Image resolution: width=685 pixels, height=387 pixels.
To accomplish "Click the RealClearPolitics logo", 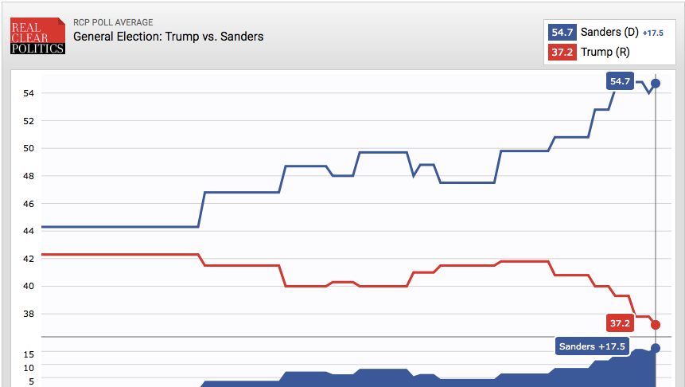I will pyautogui.click(x=37, y=37).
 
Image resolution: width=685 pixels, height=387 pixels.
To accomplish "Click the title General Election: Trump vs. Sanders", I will pyautogui.click(x=168, y=37).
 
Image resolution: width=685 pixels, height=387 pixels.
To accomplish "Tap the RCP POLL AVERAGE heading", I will pyautogui.click(x=113, y=23).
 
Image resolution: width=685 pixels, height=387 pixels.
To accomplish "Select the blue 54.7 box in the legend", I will pyautogui.click(x=562, y=33).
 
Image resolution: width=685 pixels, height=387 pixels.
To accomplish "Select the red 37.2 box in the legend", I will pyautogui.click(x=562, y=53).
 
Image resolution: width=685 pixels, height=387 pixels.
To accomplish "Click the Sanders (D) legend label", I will pyautogui.click(x=609, y=33).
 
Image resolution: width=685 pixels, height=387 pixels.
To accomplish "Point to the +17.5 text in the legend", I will pyautogui.click(x=653, y=33).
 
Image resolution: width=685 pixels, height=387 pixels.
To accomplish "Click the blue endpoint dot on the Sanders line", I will pyautogui.click(x=656, y=83).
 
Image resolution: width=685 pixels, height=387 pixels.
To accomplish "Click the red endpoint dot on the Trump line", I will pyautogui.click(x=656, y=324).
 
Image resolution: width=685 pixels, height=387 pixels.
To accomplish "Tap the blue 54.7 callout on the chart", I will pyautogui.click(x=620, y=81).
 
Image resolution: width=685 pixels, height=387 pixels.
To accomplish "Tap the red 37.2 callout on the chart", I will pyautogui.click(x=619, y=323).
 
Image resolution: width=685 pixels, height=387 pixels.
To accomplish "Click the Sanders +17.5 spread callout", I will pyautogui.click(x=593, y=346).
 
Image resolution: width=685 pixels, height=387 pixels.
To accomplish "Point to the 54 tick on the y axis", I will pyautogui.click(x=29, y=94).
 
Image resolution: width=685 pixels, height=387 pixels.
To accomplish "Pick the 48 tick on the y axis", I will pyautogui.click(x=29, y=176).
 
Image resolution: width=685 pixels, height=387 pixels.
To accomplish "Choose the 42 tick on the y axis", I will pyautogui.click(x=29, y=259).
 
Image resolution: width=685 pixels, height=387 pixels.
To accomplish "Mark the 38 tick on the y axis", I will pyautogui.click(x=29, y=314).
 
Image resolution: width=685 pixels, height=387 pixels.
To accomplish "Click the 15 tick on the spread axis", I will pyautogui.click(x=29, y=354).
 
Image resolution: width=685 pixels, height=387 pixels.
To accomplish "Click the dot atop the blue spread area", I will pyautogui.click(x=656, y=348).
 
